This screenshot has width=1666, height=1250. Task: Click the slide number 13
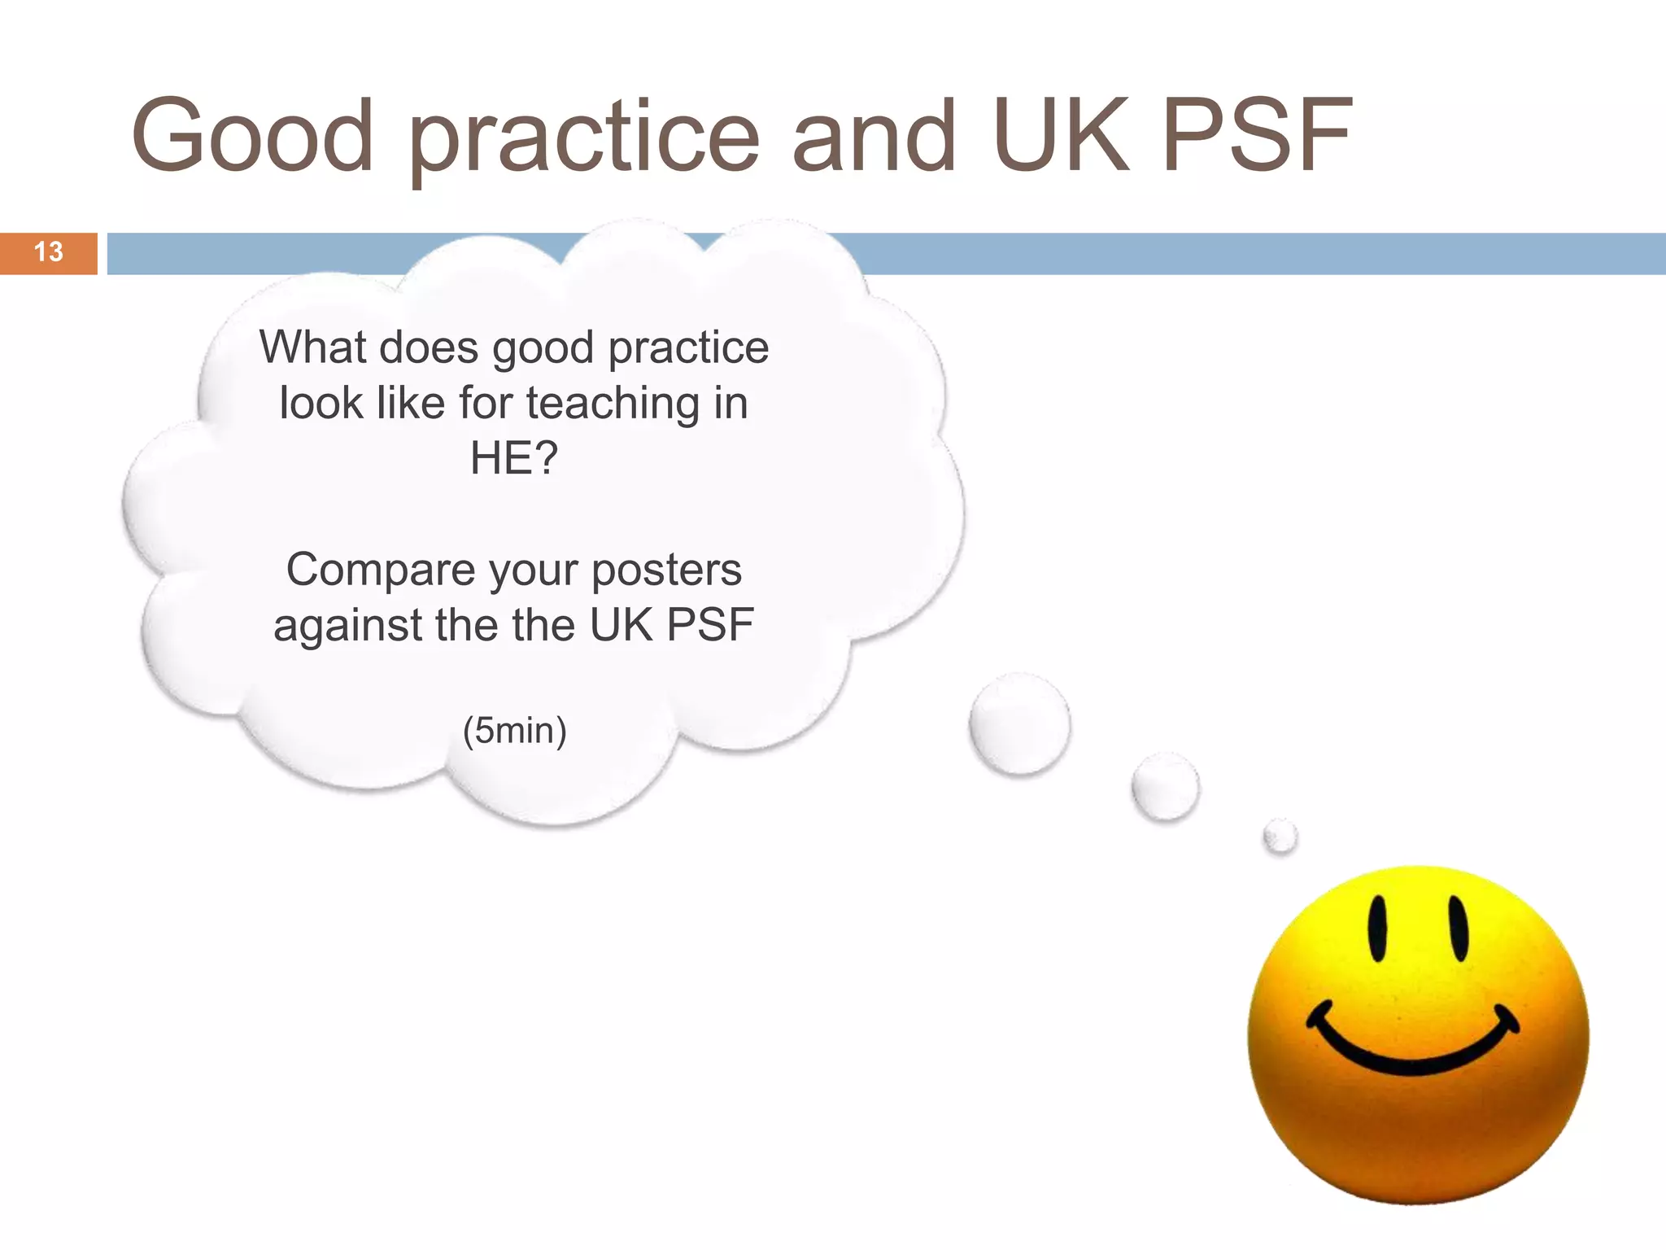49,252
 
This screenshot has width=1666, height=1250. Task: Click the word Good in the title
252,137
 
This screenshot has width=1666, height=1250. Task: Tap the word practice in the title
584,138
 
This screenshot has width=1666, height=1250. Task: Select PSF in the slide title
1258,137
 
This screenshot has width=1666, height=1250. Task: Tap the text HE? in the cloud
514,458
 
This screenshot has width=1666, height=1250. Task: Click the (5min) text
514,730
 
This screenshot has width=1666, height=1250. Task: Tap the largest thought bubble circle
1019,724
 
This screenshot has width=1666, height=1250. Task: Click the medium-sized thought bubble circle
1165,786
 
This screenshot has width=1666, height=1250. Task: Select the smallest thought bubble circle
1280,836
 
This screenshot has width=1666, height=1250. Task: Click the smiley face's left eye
1377,929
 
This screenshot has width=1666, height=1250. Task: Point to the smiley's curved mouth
1412,1050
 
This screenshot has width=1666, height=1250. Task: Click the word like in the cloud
411,403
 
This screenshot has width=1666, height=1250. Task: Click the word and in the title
874,137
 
